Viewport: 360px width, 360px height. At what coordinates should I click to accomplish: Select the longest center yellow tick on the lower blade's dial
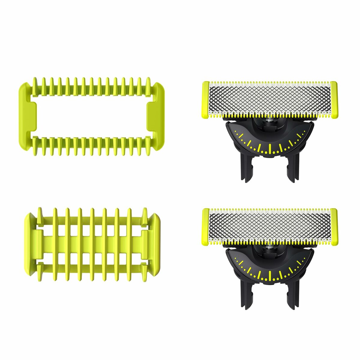tap(270, 275)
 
